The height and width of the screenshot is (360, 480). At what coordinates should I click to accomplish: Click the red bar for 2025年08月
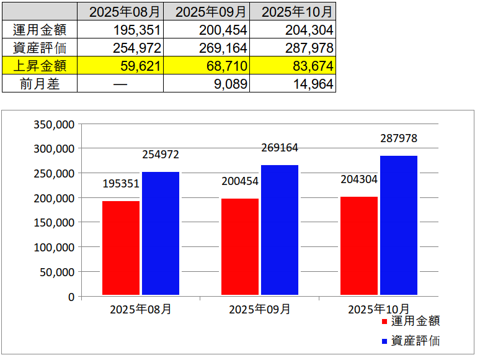point(121,248)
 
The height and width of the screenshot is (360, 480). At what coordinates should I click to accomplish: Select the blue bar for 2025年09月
point(280,230)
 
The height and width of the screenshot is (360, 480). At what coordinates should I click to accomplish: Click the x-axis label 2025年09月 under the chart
point(259,309)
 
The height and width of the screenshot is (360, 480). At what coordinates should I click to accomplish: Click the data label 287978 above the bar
point(399,139)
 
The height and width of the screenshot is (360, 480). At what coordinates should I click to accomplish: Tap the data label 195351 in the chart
point(121,184)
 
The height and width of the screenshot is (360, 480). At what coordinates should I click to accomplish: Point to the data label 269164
point(280,148)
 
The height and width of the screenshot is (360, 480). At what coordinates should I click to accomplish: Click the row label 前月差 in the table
point(40,84)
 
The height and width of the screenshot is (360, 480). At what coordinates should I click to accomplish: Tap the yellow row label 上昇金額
point(40,66)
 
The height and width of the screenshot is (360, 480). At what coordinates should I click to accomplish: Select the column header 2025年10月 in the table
point(293,12)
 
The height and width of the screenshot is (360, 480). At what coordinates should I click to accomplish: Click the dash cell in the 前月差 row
point(120,84)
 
